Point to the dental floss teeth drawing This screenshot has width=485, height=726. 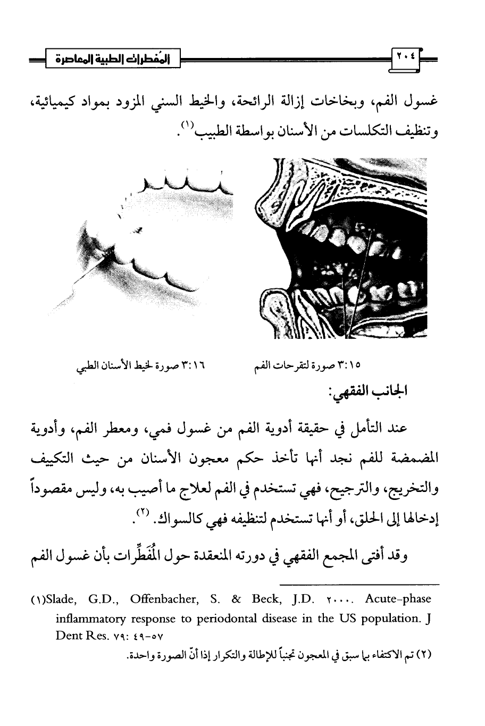coord(149,234)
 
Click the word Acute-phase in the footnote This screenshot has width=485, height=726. coord(398,599)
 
